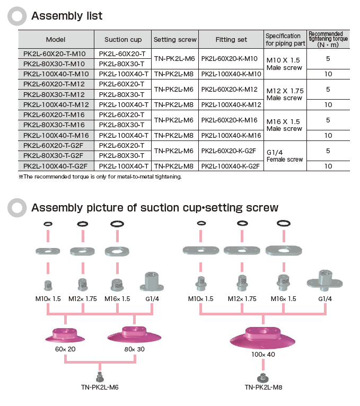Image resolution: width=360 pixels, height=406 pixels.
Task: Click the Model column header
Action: click(x=56, y=39)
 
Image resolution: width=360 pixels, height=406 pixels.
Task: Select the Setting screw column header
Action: click(x=175, y=39)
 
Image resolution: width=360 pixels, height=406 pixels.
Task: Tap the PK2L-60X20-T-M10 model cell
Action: click(x=56, y=54)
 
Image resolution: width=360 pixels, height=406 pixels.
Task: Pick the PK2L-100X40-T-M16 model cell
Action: click(x=56, y=135)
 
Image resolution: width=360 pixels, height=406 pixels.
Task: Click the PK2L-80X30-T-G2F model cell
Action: click(x=56, y=156)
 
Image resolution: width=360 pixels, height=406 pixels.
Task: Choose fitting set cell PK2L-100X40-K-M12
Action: click(x=232, y=105)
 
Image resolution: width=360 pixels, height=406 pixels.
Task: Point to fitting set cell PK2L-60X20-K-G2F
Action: click(x=232, y=151)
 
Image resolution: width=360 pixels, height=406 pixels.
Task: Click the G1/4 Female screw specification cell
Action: click(x=285, y=156)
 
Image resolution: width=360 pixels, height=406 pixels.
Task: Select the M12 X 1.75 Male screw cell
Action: click(x=285, y=94)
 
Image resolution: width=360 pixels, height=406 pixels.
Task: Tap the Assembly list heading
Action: click(x=67, y=16)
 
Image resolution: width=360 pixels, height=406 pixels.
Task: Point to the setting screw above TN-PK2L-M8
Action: click(x=263, y=377)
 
